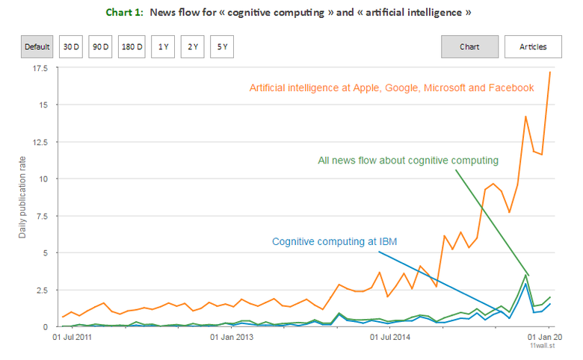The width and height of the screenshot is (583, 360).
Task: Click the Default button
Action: click(37, 47)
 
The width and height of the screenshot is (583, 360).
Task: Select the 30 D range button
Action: click(71, 47)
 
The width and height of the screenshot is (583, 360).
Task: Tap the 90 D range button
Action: click(99, 47)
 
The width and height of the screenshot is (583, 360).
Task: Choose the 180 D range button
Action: click(131, 47)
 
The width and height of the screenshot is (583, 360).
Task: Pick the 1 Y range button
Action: click(162, 47)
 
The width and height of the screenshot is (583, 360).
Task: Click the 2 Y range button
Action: click(193, 47)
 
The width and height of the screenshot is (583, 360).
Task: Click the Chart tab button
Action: click(469, 47)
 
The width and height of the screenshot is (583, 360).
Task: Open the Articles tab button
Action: click(533, 47)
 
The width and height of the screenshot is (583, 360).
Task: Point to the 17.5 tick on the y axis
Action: click(39, 68)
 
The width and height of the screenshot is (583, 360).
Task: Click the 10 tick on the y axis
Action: click(43, 179)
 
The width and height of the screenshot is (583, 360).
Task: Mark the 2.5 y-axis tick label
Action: click(40, 290)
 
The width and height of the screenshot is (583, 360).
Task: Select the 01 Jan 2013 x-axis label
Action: click(232, 337)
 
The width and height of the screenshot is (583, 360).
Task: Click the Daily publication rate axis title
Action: click(23, 198)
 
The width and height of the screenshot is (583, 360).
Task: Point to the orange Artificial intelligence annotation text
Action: click(391, 88)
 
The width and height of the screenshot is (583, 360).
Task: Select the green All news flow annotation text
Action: click(408, 160)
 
